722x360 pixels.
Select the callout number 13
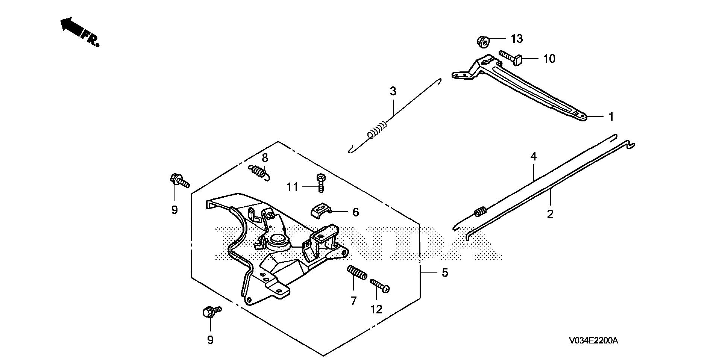tap(517, 39)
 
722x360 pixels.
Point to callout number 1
tap(611, 117)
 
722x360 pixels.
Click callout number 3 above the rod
tap(393, 91)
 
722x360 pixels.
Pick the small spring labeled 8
tap(259, 172)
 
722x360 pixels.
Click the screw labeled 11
tap(320, 183)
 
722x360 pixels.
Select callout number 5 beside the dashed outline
tap(445, 272)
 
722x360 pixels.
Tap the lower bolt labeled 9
tap(211, 312)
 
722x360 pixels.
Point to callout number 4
tap(533, 157)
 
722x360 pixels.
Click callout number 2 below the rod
tap(550, 215)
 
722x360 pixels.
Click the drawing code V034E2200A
tap(593, 341)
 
